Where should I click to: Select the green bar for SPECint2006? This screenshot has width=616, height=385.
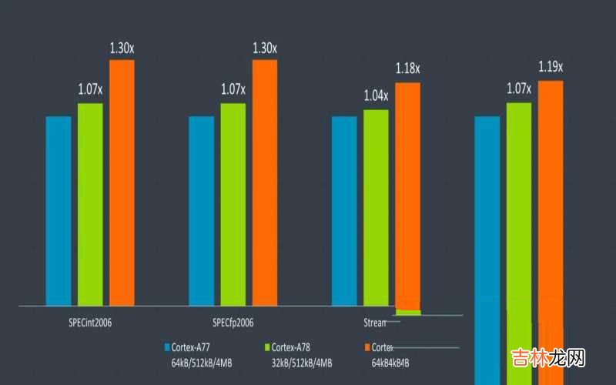pyautogui.click(x=90, y=204)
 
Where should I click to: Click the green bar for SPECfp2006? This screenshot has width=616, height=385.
pyautogui.click(x=233, y=204)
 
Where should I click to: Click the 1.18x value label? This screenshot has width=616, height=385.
pyautogui.click(x=407, y=69)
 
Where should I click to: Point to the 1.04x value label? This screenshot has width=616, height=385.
pyautogui.click(x=376, y=96)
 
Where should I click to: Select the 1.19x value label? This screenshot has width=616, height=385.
pyautogui.click(x=551, y=67)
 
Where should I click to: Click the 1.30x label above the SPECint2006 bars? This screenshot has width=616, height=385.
pyautogui.click(x=122, y=48)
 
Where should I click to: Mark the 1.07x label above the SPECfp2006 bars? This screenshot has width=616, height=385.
pyautogui.click(x=233, y=89)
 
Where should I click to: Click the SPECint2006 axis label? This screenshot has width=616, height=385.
pyautogui.click(x=91, y=321)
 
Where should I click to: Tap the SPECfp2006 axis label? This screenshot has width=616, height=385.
pyautogui.click(x=233, y=321)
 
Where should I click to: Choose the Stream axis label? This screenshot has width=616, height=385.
pyautogui.click(x=374, y=321)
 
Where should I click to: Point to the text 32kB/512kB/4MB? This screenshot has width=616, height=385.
pyautogui.click(x=302, y=362)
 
